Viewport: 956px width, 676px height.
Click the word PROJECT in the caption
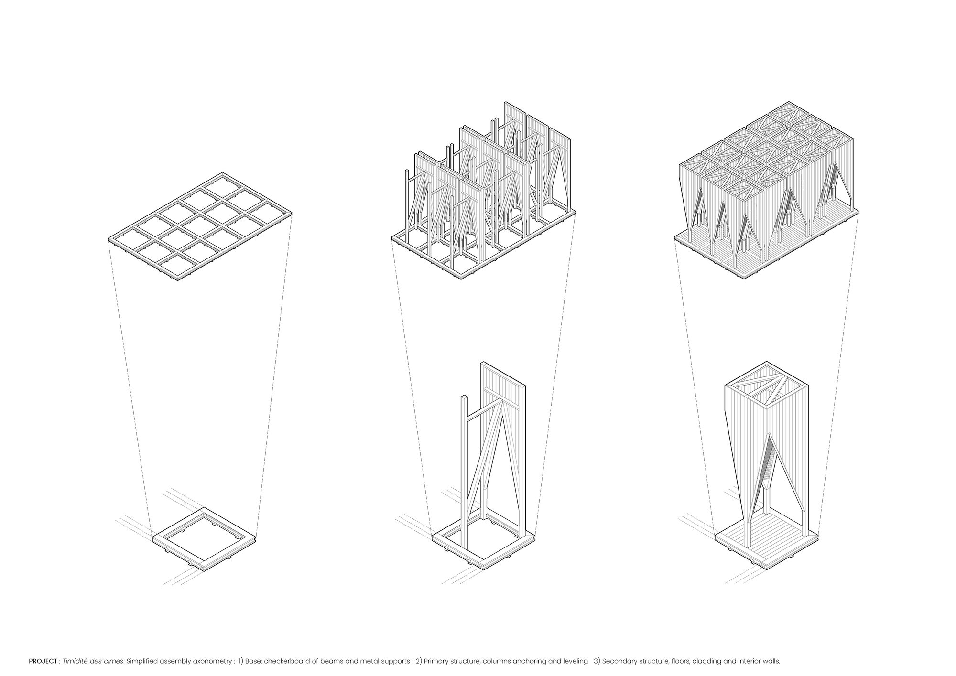click(43, 662)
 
